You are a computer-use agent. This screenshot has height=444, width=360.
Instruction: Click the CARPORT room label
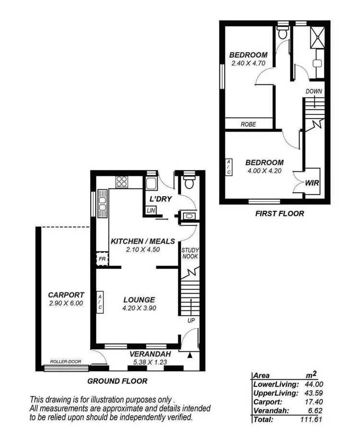(66, 295)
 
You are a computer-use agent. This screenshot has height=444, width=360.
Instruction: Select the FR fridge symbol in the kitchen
(102, 259)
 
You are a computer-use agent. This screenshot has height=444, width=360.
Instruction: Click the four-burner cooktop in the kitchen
(121, 182)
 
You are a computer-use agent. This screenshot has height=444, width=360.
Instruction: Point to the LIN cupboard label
(151, 210)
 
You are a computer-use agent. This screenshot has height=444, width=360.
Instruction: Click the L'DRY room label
(160, 199)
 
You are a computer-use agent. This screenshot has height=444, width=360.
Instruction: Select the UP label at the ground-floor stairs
(191, 320)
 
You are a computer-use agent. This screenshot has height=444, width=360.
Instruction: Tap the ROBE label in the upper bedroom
(248, 124)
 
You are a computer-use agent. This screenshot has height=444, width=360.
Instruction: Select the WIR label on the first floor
(312, 183)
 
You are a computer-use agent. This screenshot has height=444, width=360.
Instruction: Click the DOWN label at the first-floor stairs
(313, 92)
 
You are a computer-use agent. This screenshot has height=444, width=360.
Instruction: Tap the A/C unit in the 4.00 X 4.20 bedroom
(228, 167)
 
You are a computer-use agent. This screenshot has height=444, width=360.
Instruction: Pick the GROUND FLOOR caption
(117, 381)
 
